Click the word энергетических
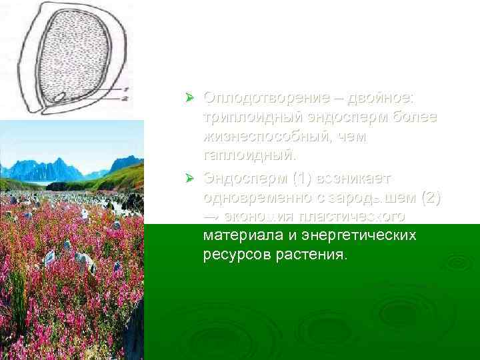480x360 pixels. pos(361,235)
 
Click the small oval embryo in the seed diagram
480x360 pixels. pos(59,97)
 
